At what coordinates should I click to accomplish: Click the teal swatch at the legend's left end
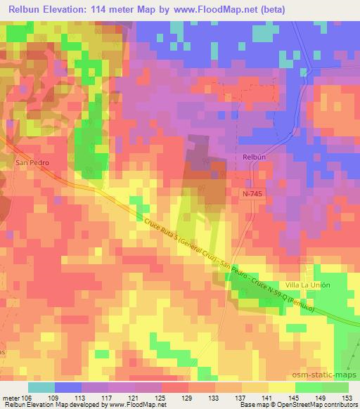point(41,387)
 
